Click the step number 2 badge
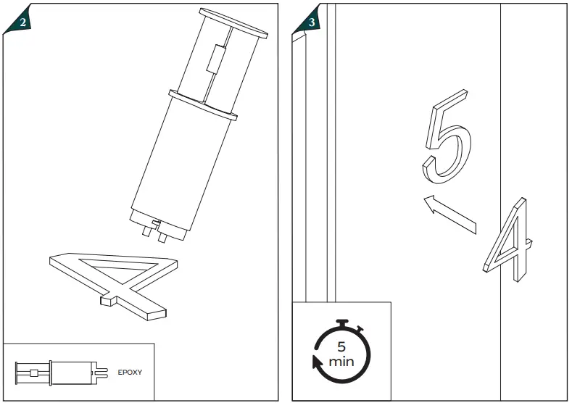(x=23, y=22)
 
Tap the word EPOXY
(x=130, y=372)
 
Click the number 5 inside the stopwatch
(x=341, y=346)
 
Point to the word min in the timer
(x=341, y=361)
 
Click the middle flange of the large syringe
(x=203, y=105)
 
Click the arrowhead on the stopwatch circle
(x=316, y=362)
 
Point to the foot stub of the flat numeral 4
(x=108, y=297)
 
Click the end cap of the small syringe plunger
(x=17, y=372)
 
